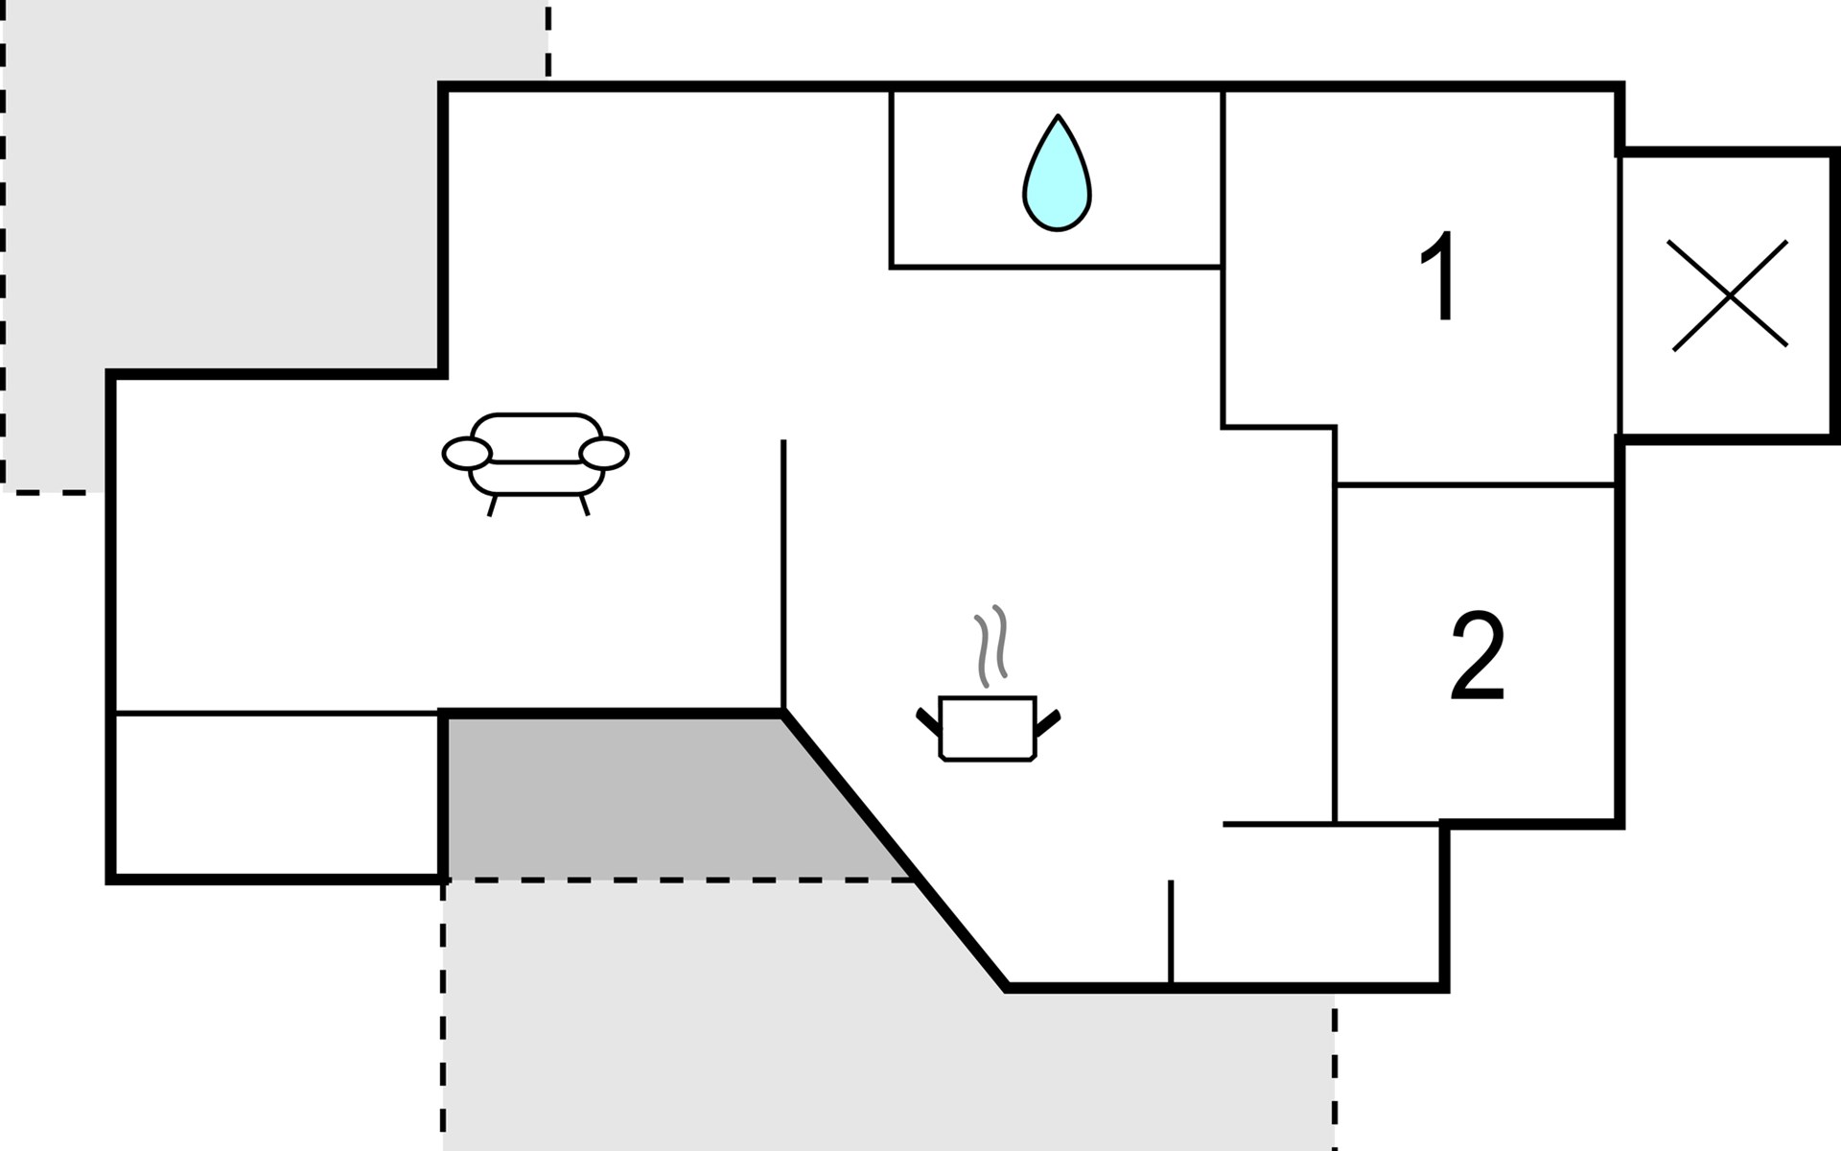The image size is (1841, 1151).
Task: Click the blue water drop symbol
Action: click(1057, 174)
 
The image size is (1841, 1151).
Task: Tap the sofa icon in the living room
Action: click(535, 464)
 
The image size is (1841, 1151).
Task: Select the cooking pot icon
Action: click(988, 729)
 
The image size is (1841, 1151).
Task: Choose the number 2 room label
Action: click(1478, 655)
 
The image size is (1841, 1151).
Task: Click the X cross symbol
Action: click(1730, 294)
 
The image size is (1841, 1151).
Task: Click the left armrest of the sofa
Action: click(467, 453)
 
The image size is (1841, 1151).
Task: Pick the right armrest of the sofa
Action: click(604, 453)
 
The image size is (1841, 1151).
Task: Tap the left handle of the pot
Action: click(928, 721)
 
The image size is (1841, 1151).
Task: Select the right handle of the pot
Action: click(1048, 722)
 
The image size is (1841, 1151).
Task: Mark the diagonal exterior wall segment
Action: click(896, 850)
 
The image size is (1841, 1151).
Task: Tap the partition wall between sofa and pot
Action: click(783, 575)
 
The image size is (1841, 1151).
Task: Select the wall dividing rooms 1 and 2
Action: click(1476, 484)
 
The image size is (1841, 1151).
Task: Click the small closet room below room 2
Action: click(1305, 904)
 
